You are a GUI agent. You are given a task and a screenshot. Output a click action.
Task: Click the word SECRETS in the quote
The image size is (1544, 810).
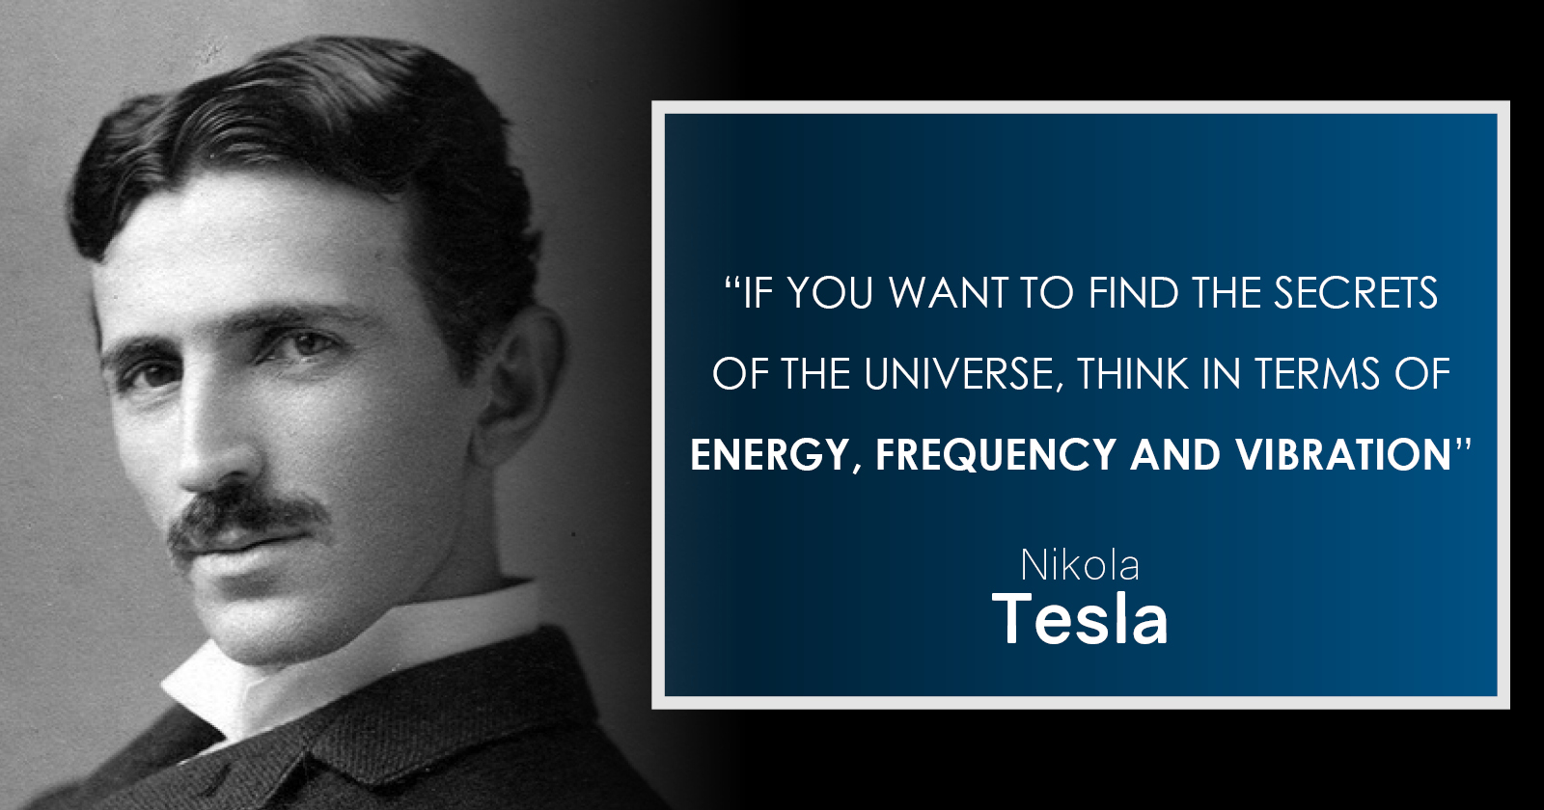pos(1355,293)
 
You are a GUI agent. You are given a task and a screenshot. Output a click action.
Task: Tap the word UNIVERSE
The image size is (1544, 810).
pos(959,374)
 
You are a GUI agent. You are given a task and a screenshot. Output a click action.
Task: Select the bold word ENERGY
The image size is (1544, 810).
pos(768,455)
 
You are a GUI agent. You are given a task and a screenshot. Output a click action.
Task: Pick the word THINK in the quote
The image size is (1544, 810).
pos(1133,374)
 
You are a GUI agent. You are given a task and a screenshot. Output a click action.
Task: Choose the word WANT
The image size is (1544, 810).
pos(949,293)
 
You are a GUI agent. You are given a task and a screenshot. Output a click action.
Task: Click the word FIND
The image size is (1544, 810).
pos(1134,293)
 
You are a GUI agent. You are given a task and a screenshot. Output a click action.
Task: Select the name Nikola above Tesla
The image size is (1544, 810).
pos(1080,565)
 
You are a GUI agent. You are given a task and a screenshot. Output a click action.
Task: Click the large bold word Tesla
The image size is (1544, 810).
pos(1080,618)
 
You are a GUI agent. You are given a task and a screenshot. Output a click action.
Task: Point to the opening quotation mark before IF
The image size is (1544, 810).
pos(732,283)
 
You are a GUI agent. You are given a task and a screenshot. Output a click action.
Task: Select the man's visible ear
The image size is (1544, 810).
pos(520,386)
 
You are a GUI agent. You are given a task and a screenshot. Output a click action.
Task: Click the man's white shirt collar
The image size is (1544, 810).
pos(345,661)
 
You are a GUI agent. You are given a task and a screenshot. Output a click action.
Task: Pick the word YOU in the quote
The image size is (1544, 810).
pos(831,293)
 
